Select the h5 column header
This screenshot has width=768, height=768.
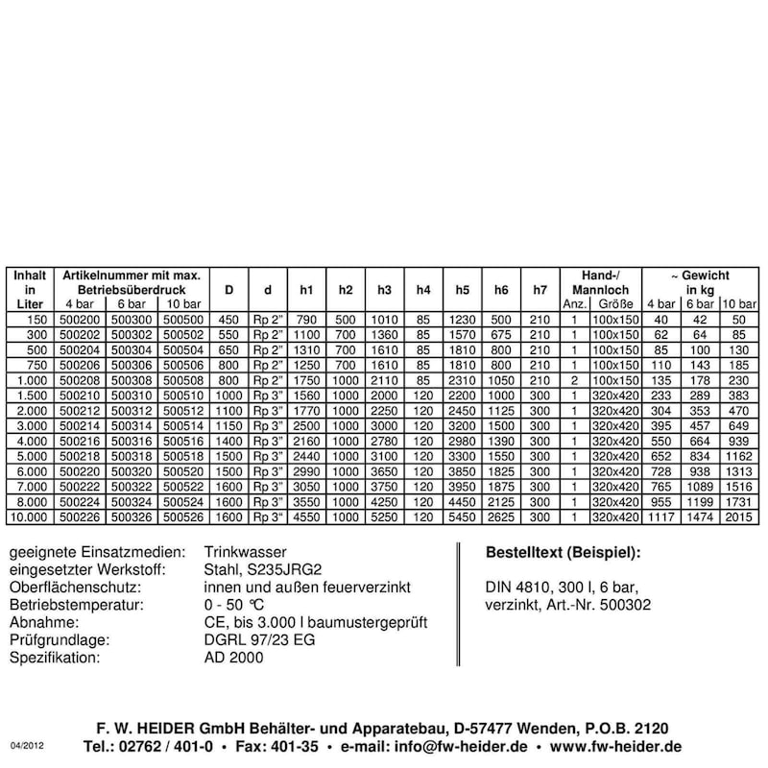point(462,289)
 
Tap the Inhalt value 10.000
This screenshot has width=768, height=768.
point(30,517)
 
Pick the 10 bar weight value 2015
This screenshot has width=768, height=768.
point(739,517)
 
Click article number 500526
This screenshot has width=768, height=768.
point(181,517)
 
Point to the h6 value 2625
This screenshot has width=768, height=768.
point(501,517)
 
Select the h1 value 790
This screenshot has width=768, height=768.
point(306,320)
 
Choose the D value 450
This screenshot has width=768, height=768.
point(229,320)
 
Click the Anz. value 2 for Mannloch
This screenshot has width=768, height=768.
point(573,381)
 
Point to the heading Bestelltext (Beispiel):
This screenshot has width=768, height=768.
point(564,553)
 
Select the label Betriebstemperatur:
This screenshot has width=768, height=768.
point(76,606)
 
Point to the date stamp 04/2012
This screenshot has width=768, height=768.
point(28,745)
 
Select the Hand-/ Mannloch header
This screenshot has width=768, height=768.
point(599,281)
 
